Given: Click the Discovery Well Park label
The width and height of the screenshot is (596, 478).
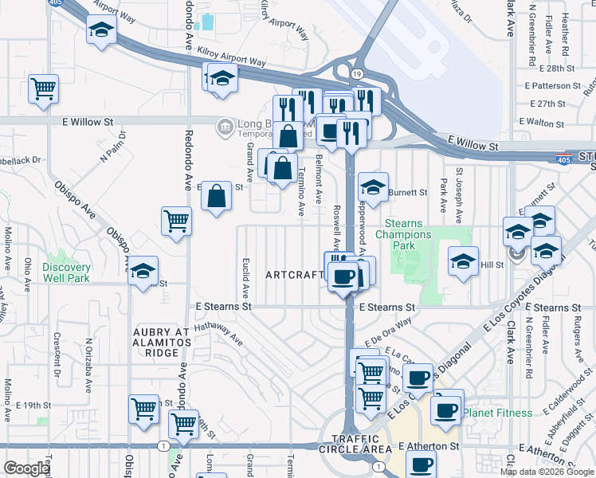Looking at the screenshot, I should pos(66,272).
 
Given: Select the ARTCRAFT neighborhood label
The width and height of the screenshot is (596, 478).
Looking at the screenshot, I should pos(295,275).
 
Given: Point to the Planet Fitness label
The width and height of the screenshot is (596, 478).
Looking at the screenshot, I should pos(498,413).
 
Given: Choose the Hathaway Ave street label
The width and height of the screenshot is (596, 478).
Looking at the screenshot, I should pos(218,328).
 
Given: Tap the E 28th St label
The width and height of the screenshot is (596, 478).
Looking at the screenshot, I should pos(555,69).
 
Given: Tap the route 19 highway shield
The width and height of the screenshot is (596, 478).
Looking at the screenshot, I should pos(355,74).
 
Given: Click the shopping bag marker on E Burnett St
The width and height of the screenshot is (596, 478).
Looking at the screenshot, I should pos(217,195).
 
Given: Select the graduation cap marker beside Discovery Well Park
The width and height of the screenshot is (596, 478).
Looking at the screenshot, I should pos(143,271).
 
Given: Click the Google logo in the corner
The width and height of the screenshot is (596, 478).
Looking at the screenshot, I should pos(26,468).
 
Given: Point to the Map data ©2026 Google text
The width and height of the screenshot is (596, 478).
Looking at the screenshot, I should pos(546,472).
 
